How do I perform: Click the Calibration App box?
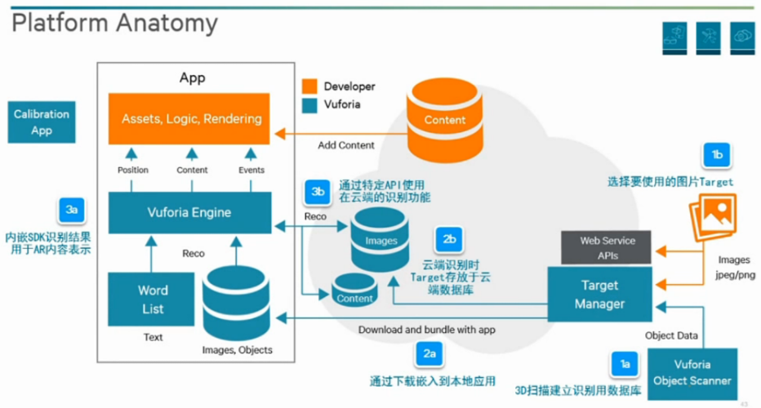click(41, 122)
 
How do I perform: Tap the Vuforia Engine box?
click(190, 213)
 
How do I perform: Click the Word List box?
click(153, 299)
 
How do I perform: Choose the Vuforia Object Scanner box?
click(692, 373)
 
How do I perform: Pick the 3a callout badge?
click(71, 210)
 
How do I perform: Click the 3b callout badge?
click(318, 192)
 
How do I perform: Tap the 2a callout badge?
click(429, 353)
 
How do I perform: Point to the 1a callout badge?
click(625, 365)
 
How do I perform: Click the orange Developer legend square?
click(309, 86)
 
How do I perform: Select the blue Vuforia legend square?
click(309, 105)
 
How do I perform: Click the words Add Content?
click(346, 145)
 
